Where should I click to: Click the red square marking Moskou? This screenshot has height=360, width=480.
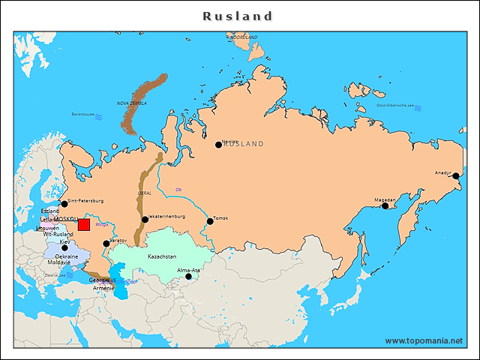[x=84, y=225]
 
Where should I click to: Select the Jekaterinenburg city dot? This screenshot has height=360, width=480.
[x=145, y=220]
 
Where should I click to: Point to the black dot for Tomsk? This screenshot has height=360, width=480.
[x=210, y=220]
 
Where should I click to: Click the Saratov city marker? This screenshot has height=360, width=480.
[x=106, y=244]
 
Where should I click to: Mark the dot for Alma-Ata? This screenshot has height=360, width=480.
[x=189, y=276]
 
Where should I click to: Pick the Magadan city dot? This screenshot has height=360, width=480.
[x=385, y=205]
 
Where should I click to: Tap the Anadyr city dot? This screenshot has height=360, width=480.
[x=455, y=176]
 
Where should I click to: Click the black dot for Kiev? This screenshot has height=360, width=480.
[x=64, y=248]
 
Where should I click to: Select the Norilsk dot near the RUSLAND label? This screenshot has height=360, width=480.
[x=219, y=145]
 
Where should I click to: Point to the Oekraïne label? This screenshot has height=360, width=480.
[x=68, y=256]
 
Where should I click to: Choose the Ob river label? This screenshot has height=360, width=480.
[x=178, y=188]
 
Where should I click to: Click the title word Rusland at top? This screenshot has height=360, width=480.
[x=238, y=16]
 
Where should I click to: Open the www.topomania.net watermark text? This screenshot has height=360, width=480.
[x=424, y=340]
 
